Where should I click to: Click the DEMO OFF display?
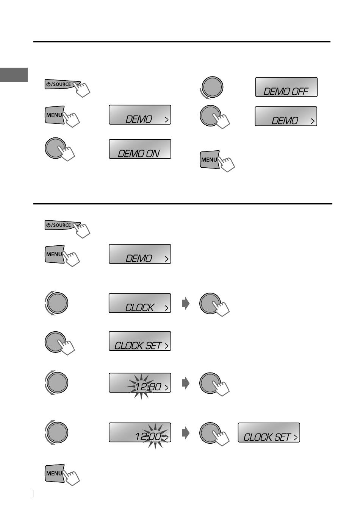point(286,87)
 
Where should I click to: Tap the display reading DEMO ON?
point(140,149)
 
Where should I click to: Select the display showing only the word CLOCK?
point(140,303)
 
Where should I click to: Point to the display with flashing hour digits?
point(140,383)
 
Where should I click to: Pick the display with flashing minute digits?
point(140,432)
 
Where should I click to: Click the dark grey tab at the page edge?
point(14,75)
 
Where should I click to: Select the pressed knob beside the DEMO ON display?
point(55,148)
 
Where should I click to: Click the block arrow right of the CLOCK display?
point(186,303)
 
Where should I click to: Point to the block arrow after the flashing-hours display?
point(186,383)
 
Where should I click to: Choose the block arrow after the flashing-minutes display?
point(186,433)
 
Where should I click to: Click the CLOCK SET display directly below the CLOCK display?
point(140,341)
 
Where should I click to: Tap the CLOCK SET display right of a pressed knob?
point(269,432)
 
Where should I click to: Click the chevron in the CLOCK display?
point(167,308)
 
